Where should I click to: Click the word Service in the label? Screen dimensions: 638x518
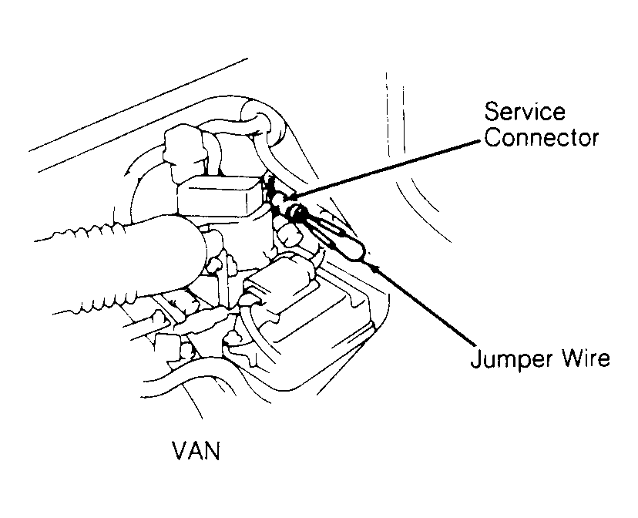click(525, 111)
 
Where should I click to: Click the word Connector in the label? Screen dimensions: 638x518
click(541, 137)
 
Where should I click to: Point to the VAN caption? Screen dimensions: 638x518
click(196, 450)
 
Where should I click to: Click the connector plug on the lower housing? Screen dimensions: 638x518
click(280, 281)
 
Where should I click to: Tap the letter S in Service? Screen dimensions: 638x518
click(492, 111)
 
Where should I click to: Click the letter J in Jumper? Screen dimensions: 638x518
click(476, 358)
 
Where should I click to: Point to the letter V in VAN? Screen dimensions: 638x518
click(180, 450)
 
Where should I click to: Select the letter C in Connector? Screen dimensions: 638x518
click(492, 137)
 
